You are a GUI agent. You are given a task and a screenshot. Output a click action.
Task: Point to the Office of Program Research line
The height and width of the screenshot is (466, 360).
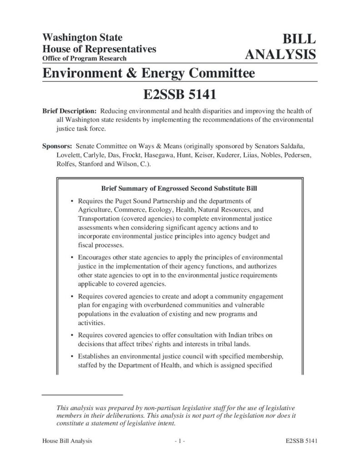(84, 59)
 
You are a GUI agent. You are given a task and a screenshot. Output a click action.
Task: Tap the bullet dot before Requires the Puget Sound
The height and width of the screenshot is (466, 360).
(72, 201)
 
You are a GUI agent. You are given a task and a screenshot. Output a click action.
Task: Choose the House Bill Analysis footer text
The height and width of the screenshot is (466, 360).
(67, 441)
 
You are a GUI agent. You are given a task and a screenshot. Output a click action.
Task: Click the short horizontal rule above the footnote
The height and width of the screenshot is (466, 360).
(82, 394)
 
